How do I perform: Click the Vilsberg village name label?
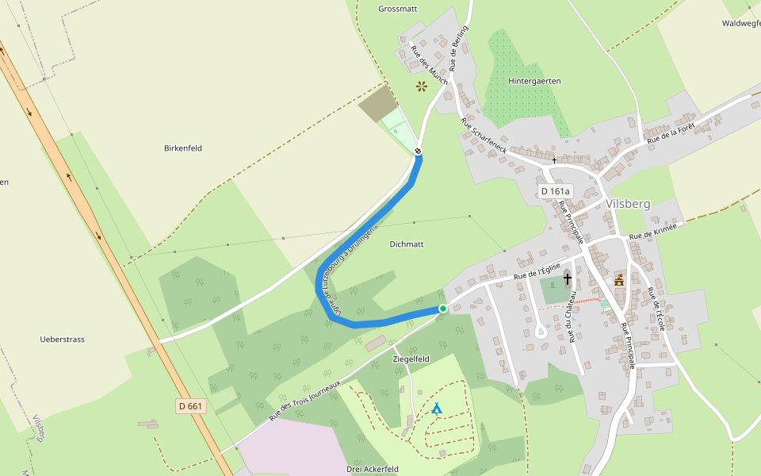pos(627,204)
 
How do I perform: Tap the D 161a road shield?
pos(555,191)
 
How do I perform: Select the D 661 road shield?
pos(191,405)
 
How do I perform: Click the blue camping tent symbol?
pos(436,409)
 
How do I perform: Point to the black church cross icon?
pos(568,278)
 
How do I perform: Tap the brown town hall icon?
pos(619,280)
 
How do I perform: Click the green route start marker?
pos(442,308)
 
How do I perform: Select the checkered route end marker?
pos(418,151)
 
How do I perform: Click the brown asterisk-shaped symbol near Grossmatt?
pos(422,86)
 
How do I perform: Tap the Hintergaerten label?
pos(534,81)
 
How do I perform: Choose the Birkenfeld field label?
pos(183,148)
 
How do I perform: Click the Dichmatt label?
pos(407,244)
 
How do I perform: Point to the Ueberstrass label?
pos(62,340)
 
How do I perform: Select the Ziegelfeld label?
pos(411,359)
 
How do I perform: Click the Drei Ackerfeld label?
pos(372,469)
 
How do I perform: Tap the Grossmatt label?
pos(397,10)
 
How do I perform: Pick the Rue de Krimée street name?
pos(653,232)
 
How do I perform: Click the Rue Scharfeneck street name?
pos(484,136)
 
